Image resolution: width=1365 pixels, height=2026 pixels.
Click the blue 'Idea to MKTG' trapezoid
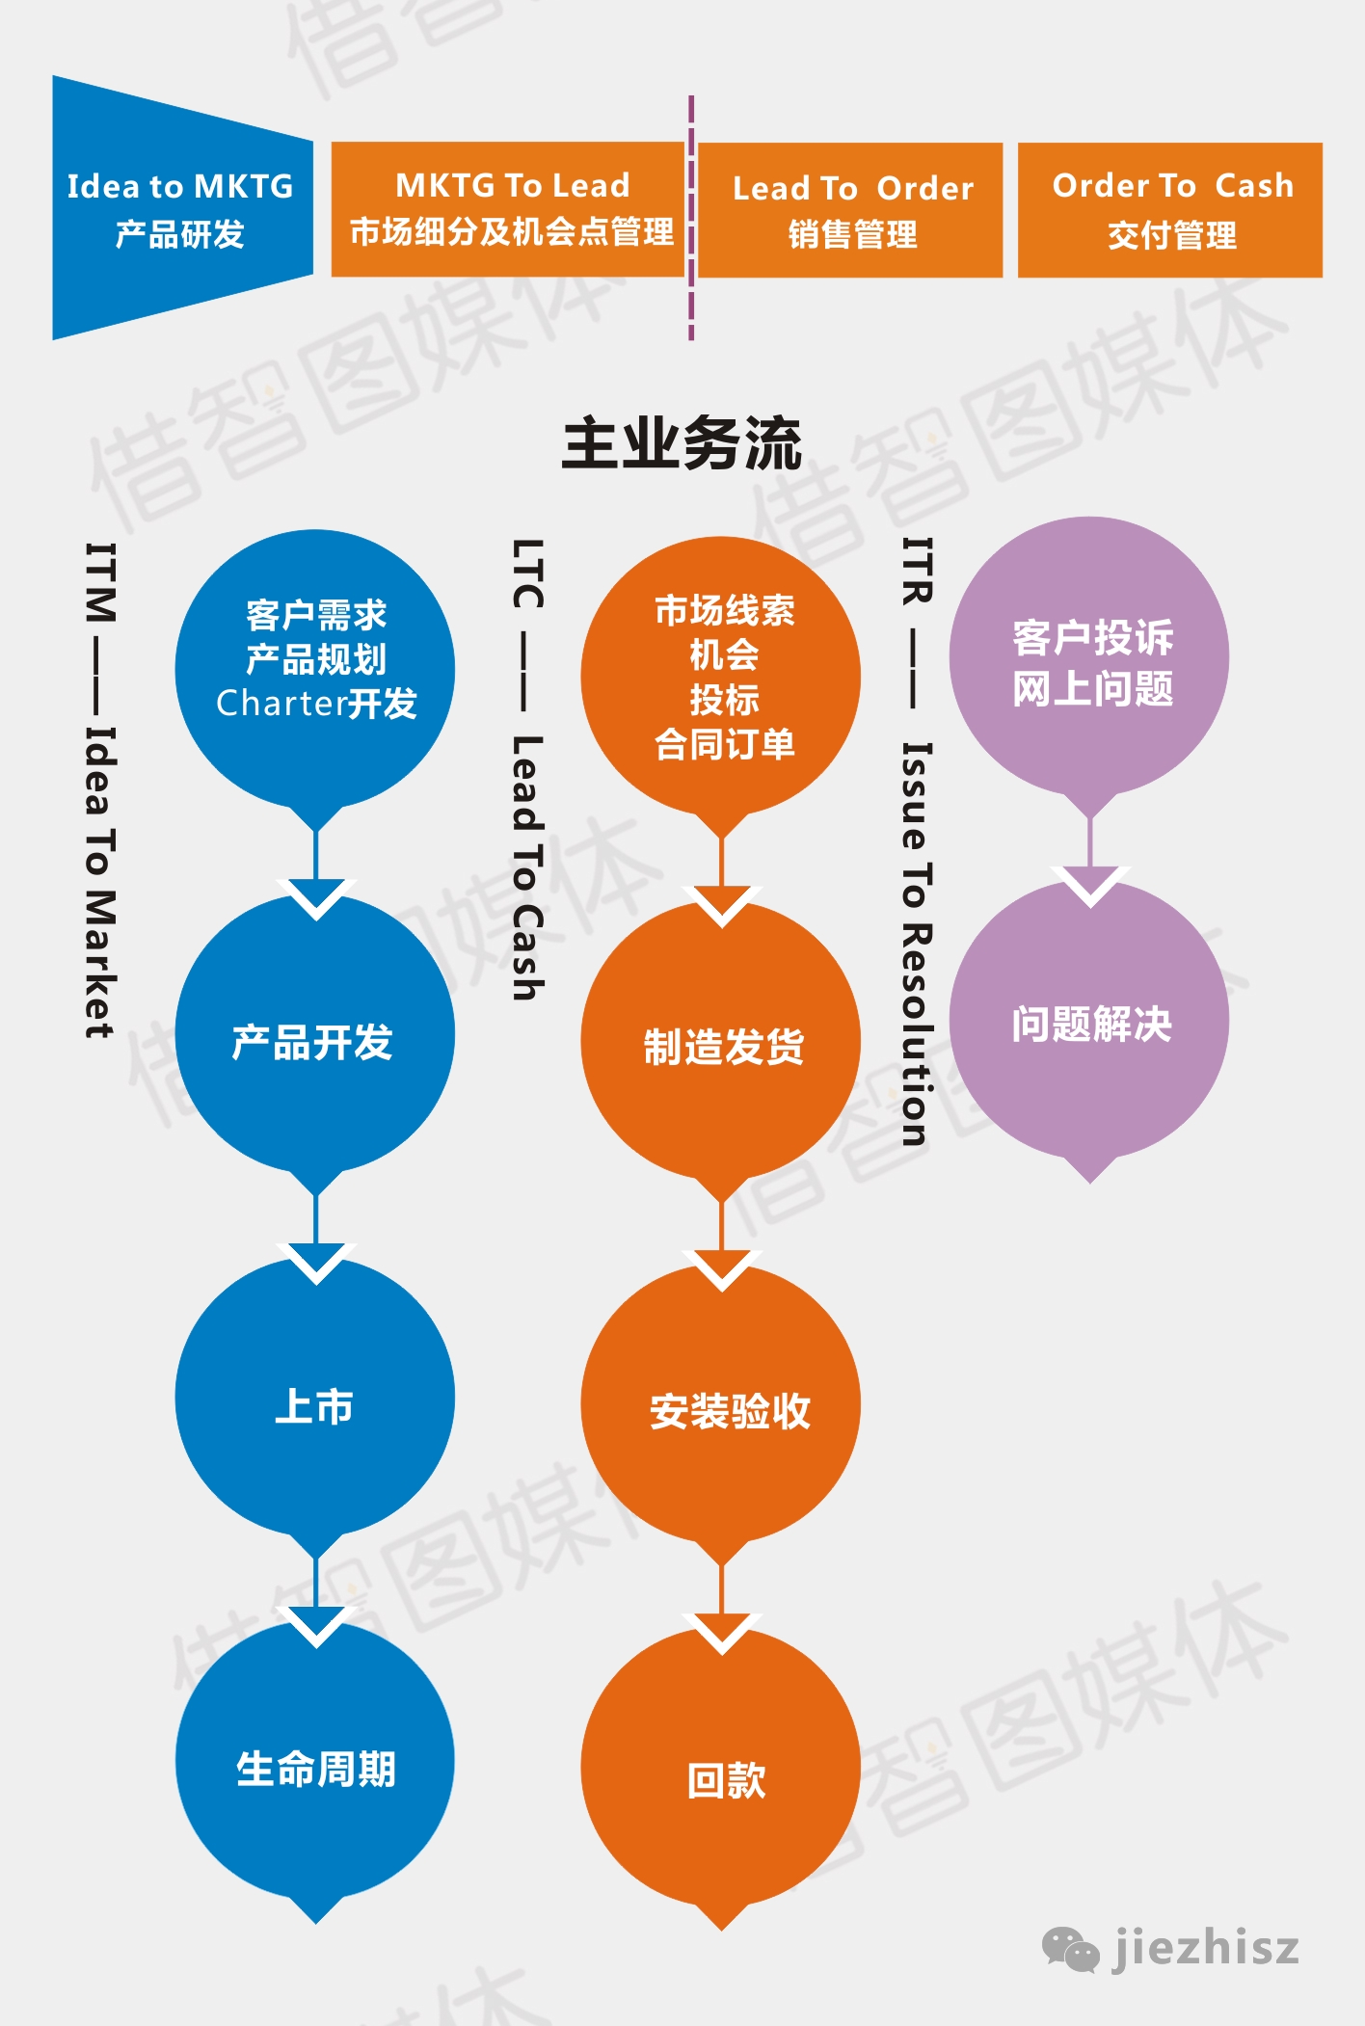[x=182, y=208]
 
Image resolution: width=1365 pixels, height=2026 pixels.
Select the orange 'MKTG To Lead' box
[x=508, y=209]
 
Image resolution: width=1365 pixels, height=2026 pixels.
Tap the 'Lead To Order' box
[x=850, y=210]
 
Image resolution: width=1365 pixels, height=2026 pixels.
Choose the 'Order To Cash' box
[x=1170, y=210]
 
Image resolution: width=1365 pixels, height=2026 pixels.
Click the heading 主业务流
[x=682, y=444]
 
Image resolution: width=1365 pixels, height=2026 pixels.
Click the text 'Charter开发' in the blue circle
[x=316, y=704]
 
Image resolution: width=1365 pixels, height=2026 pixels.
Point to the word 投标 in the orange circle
[x=724, y=700]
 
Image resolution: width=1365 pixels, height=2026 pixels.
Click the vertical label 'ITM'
[x=100, y=582]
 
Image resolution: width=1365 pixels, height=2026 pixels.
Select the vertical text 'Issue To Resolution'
[x=916, y=944]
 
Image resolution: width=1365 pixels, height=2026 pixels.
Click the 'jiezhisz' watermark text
[x=1206, y=1949]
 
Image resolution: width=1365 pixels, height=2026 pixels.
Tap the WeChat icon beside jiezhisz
[x=1070, y=1950]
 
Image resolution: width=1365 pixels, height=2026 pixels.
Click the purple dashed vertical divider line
[x=691, y=218]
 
